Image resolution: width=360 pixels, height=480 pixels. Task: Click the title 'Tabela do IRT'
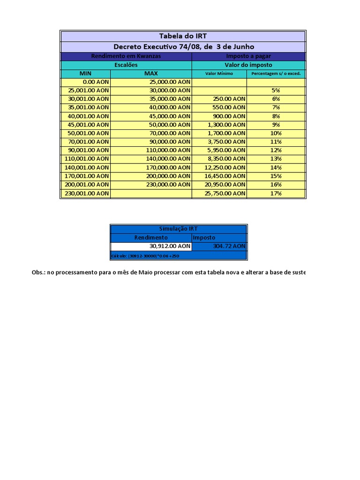point(183,36)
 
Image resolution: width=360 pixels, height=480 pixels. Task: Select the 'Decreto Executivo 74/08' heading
point(183,46)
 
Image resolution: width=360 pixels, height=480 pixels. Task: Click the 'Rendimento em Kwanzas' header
point(126,56)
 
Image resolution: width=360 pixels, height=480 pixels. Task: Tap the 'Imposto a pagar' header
point(248,56)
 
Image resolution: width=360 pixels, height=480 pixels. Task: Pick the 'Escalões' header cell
point(126,65)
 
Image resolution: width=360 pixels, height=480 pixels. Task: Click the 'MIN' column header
point(85,74)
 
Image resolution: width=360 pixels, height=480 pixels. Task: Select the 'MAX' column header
point(151,74)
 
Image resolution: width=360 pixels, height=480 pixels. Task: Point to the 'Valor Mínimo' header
point(219,74)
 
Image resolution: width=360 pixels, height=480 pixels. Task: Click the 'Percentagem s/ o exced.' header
point(276,74)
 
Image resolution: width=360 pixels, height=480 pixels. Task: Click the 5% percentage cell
point(276,90)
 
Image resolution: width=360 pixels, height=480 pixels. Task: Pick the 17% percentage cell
point(276,193)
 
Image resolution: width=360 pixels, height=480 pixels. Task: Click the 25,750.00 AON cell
point(224,193)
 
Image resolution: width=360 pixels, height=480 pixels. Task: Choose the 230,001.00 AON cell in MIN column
point(87,193)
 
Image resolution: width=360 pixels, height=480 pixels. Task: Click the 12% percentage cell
point(276,150)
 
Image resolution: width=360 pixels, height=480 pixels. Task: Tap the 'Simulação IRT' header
point(178,229)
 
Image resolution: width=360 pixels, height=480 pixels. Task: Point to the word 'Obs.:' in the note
point(38,272)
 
